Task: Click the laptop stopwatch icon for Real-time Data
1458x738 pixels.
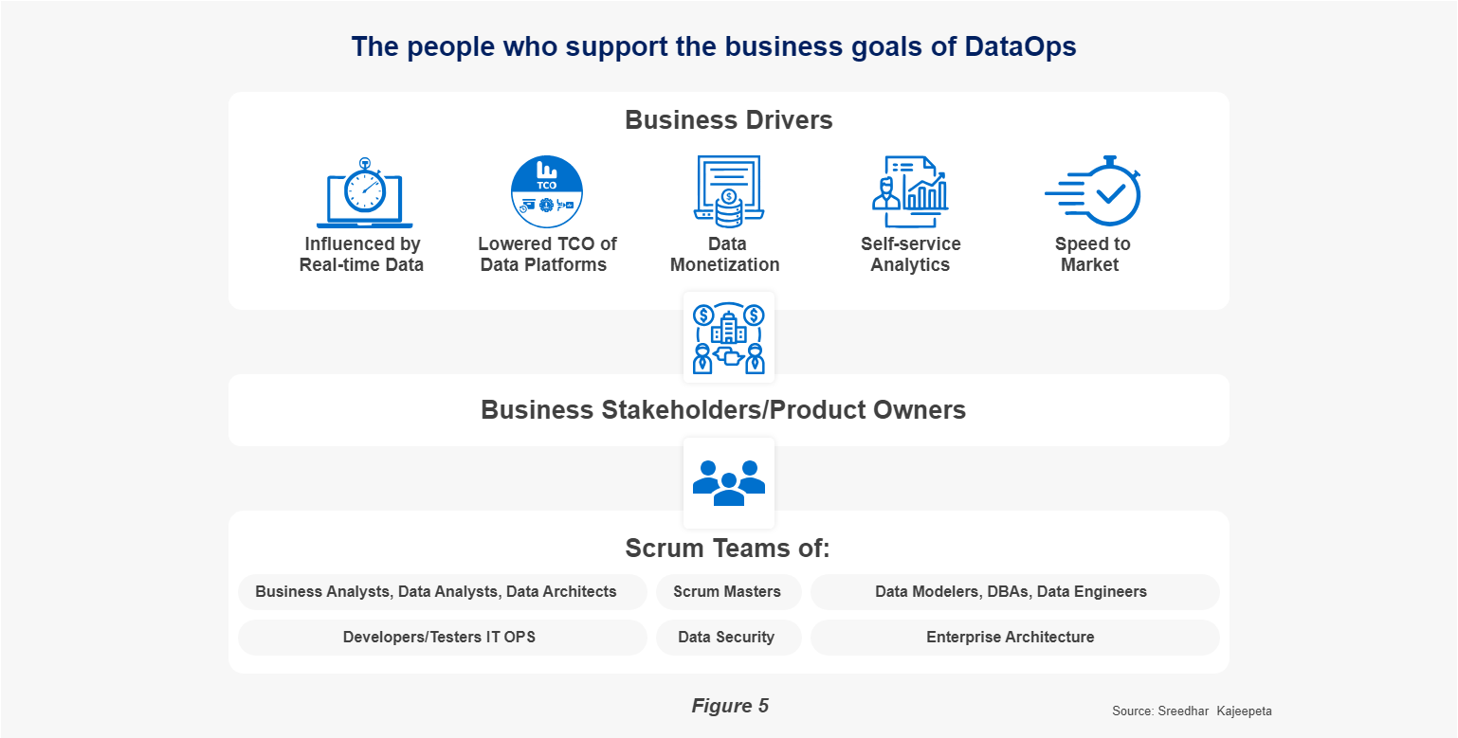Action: tap(364, 192)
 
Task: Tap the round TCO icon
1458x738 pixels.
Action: tap(547, 191)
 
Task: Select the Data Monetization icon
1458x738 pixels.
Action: tap(728, 191)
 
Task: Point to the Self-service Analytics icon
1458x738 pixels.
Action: tap(910, 191)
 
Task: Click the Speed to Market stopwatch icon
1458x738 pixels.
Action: tap(1093, 190)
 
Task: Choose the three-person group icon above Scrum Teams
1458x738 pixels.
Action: tap(729, 483)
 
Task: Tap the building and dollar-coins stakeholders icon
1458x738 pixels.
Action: tap(729, 338)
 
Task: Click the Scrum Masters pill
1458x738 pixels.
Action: tap(728, 592)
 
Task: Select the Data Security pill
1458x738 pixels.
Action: tap(728, 638)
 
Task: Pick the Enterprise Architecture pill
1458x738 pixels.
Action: tap(1014, 638)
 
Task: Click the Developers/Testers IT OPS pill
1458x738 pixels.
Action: tap(443, 638)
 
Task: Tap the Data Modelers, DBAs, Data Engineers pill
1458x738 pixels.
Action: tap(1014, 592)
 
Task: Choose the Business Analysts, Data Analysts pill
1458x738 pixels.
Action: tap(443, 592)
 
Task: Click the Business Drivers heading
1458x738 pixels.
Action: tap(729, 120)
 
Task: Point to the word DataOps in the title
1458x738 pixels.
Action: tap(1021, 46)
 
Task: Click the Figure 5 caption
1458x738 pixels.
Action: tap(730, 706)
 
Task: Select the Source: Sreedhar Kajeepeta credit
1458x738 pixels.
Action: tap(1192, 711)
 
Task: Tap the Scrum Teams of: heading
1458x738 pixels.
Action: tap(728, 549)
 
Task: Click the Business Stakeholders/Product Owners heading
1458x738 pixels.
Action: tap(723, 410)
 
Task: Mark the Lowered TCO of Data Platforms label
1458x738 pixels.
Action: tap(547, 254)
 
